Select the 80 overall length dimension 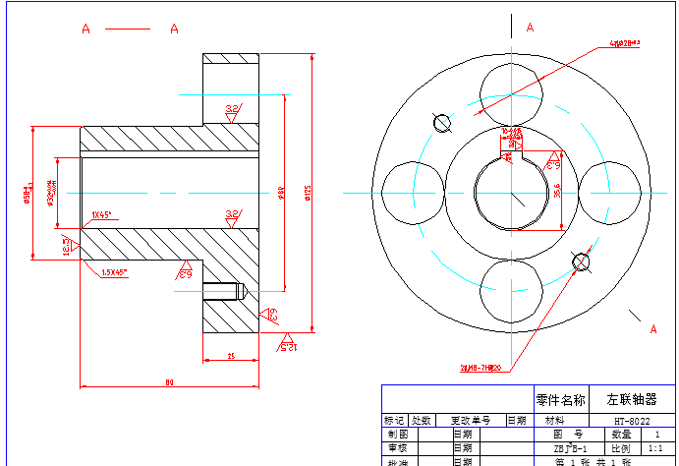169,380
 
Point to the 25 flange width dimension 230,355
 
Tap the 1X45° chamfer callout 101,213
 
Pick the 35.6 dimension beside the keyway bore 556,191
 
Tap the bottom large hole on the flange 512,292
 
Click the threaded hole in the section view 223,292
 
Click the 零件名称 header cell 560,400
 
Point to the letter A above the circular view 530,27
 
